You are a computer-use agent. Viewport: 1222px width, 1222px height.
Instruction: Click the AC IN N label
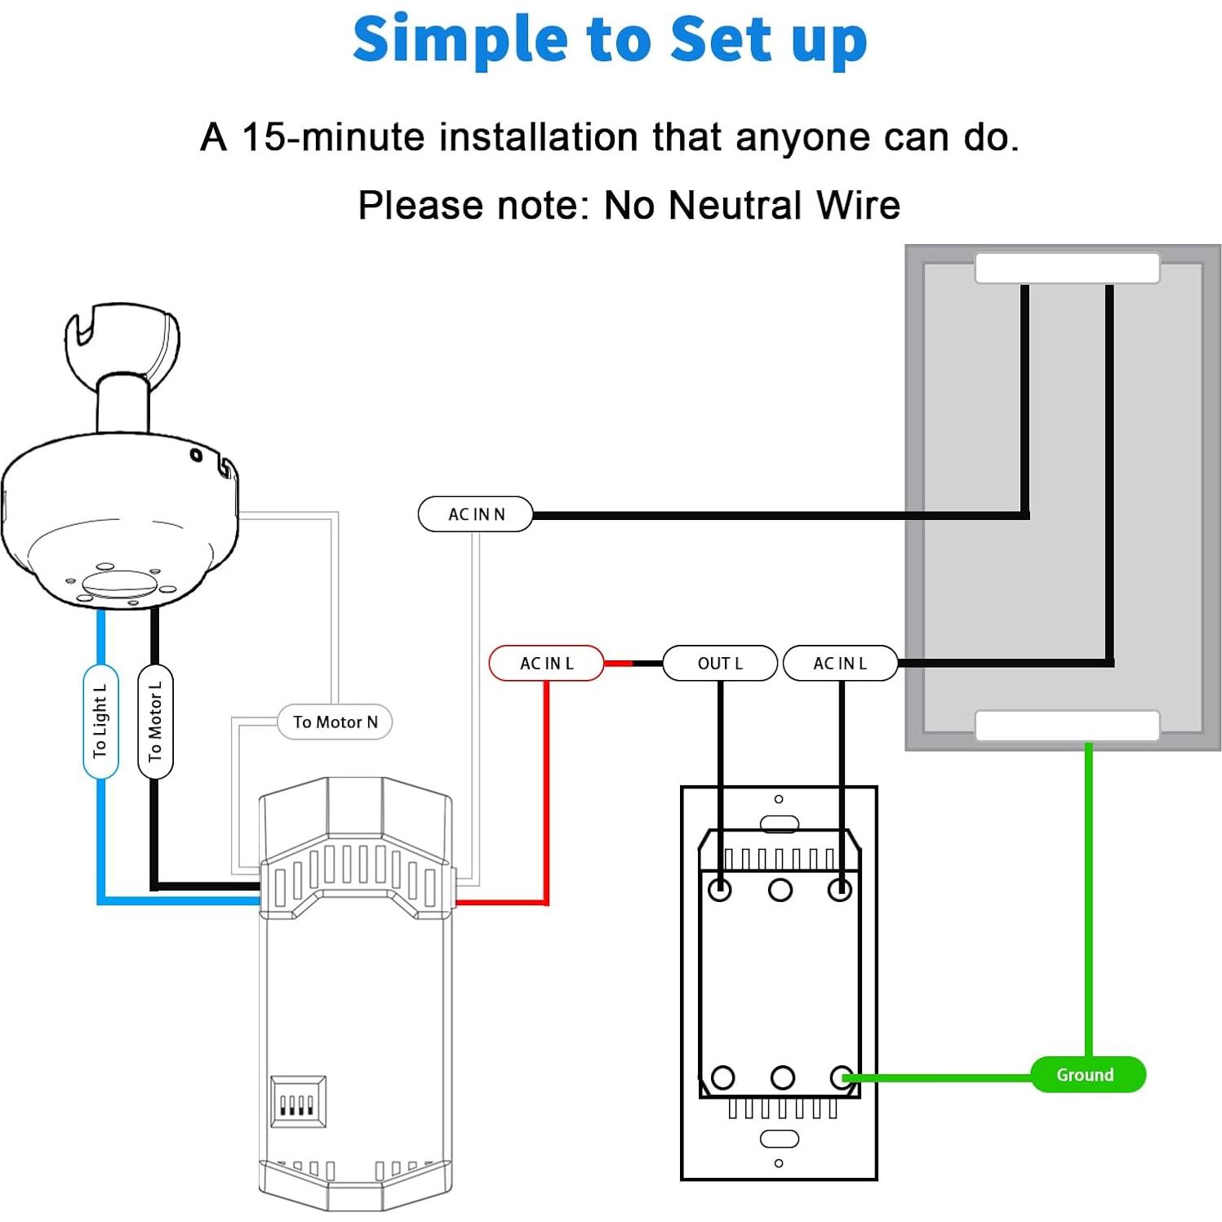[x=475, y=514]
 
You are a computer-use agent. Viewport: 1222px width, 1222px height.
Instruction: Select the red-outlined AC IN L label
[x=546, y=663]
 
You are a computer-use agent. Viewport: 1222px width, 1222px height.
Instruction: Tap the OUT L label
[x=719, y=663]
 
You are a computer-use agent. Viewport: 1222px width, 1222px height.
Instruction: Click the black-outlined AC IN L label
[x=840, y=663]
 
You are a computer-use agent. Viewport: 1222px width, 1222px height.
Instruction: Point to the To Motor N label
[x=335, y=722]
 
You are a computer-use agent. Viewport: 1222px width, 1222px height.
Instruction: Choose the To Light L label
[x=100, y=722]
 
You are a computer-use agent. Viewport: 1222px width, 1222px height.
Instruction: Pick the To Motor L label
[x=155, y=722]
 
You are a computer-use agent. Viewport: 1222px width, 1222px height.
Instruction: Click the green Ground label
[x=1087, y=1074]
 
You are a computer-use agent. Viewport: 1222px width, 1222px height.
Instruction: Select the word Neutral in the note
[x=736, y=205]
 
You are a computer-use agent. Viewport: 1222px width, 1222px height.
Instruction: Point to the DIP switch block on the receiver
[x=298, y=1102]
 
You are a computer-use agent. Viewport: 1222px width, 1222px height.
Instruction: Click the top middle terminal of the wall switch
[x=780, y=889]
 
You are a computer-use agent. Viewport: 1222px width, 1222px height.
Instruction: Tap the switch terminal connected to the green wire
[x=842, y=1078]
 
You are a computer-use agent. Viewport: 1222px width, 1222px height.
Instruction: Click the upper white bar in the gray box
[x=1067, y=268]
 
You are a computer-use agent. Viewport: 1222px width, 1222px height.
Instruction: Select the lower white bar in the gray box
[x=1067, y=725]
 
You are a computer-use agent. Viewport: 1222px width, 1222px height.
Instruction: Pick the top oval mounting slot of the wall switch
[x=779, y=823]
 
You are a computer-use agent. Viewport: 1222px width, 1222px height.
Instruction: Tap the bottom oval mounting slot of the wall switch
[x=779, y=1138]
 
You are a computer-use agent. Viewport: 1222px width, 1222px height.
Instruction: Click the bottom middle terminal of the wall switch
[x=782, y=1078]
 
